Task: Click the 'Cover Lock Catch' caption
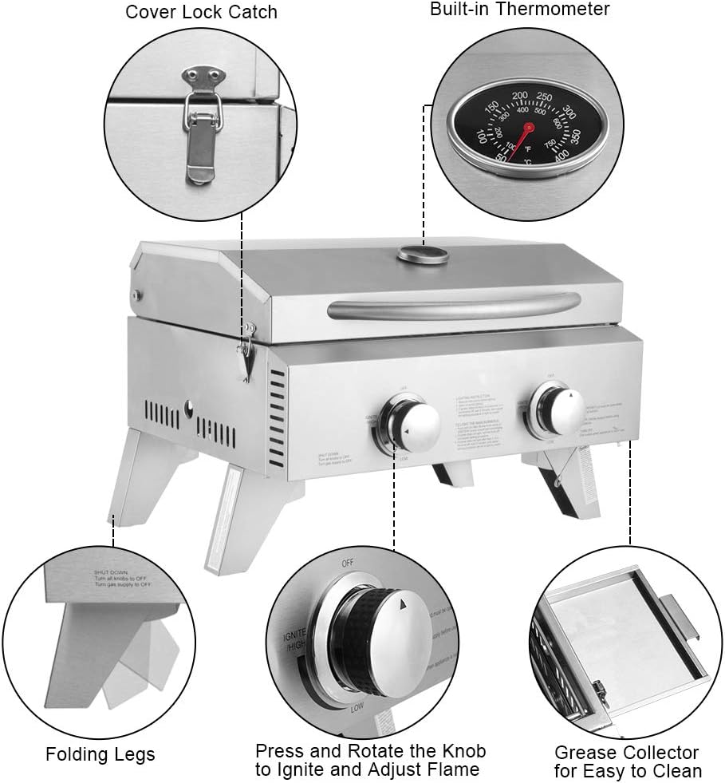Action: pyautogui.click(x=201, y=12)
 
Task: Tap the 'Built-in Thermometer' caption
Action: pyautogui.click(x=519, y=10)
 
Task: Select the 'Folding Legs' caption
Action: pyautogui.click(x=100, y=754)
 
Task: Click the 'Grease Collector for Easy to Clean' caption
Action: pyautogui.click(x=627, y=761)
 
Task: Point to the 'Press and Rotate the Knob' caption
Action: pyautogui.click(x=370, y=751)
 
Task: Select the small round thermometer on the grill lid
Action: pyautogui.click(x=421, y=255)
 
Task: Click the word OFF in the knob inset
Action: pyautogui.click(x=348, y=564)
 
